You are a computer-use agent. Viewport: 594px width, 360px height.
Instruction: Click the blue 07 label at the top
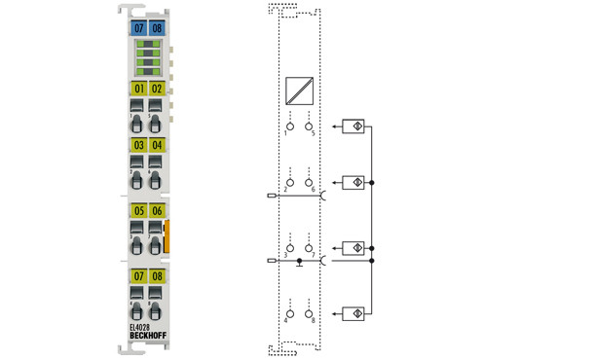coord(139,29)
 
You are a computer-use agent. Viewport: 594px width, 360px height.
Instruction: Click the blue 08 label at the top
coord(157,29)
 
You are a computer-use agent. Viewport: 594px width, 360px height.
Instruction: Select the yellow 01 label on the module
coord(139,89)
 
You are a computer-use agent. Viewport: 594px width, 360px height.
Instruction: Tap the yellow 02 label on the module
coord(157,89)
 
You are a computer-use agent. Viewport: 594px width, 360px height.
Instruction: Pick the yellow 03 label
coord(139,146)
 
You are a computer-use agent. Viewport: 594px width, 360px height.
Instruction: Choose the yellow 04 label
coord(157,146)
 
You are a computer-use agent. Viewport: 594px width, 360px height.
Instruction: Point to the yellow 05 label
coord(139,211)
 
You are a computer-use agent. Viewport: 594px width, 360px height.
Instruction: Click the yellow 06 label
coord(157,211)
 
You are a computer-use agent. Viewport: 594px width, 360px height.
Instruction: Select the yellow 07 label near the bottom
coord(139,277)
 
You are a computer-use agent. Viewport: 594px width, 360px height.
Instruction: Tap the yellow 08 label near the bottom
coord(157,277)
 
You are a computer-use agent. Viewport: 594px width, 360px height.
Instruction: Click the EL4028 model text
coord(141,327)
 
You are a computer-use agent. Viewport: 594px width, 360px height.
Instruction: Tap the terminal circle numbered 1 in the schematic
coord(288,126)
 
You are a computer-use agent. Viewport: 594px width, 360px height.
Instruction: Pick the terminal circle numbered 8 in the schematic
coord(310,312)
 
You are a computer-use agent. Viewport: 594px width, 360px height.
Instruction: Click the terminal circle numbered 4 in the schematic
coord(288,312)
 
